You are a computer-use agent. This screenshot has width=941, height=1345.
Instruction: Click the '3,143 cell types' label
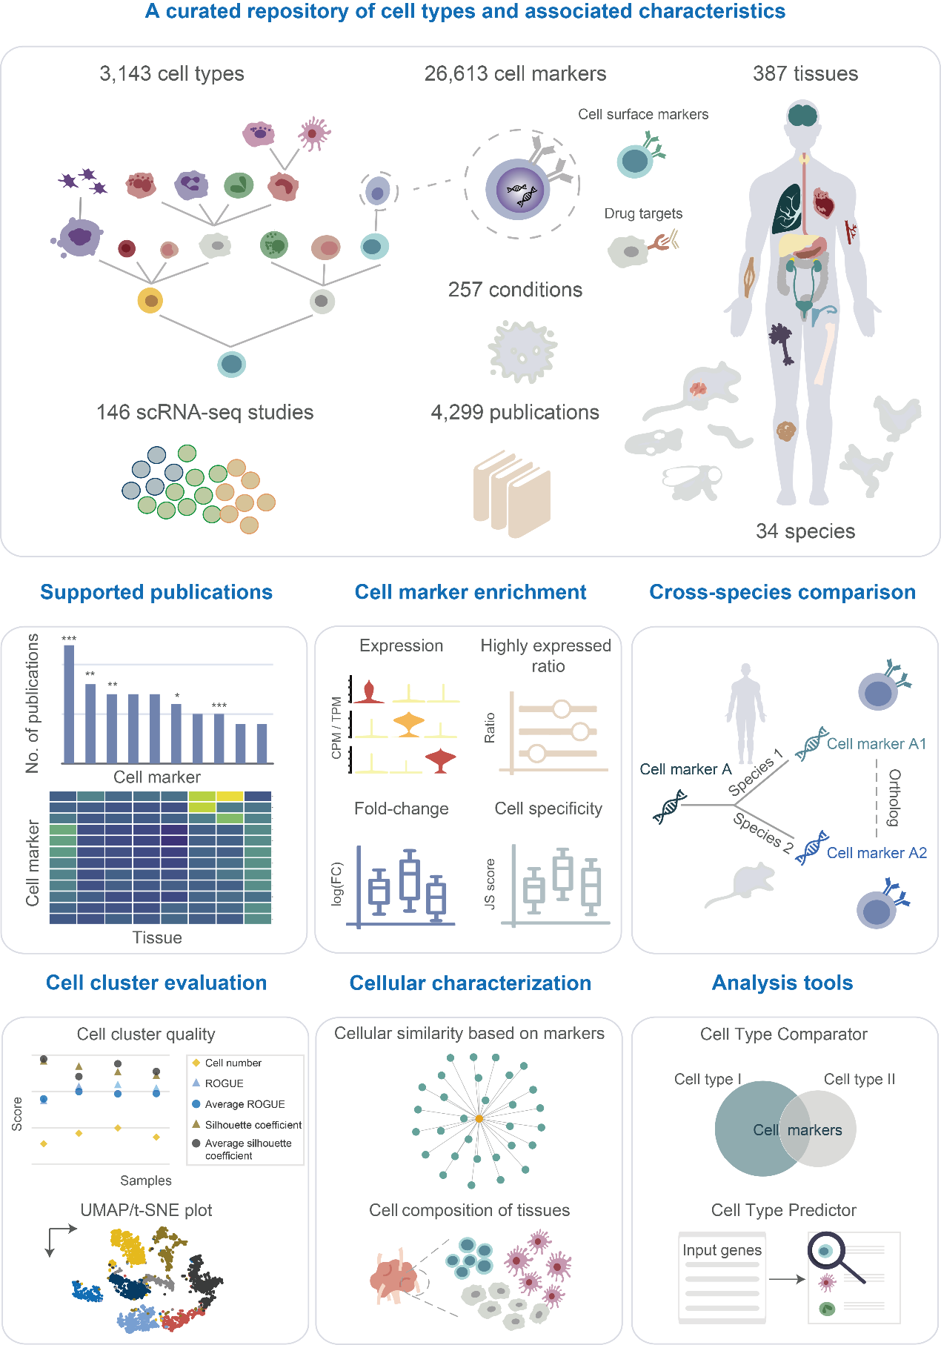pyautogui.click(x=172, y=74)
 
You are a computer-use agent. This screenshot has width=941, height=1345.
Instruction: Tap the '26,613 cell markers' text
pyautogui.click(x=515, y=74)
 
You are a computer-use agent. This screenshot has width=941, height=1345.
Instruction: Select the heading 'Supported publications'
pyautogui.click(x=156, y=592)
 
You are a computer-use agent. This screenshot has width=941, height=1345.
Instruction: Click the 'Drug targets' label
pyautogui.click(x=643, y=213)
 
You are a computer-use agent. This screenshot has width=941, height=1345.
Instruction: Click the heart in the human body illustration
pyautogui.click(x=824, y=202)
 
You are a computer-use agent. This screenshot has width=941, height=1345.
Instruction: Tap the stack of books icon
pyautogui.click(x=512, y=492)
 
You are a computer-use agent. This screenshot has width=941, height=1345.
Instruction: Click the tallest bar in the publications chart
pyautogui.click(x=69, y=703)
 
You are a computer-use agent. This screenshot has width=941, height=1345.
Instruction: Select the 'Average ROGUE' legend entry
pyautogui.click(x=245, y=1104)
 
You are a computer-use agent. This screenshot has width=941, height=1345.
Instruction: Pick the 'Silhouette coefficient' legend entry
pyautogui.click(x=253, y=1125)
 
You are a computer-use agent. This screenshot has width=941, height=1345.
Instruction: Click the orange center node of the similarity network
pyautogui.click(x=479, y=1119)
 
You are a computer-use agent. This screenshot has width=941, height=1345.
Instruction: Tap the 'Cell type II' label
pyautogui.click(x=859, y=1079)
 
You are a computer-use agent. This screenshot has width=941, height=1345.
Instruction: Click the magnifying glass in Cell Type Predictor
pyautogui.click(x=831, y=1254)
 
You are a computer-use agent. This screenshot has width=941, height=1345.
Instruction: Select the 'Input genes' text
pyautogui.click(x=722, y=1250)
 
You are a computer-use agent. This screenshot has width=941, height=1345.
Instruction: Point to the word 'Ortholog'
pyautogui.click(x=894, y=797)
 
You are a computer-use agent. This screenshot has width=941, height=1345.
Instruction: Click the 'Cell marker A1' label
pyautogui.click(x=876, y=744)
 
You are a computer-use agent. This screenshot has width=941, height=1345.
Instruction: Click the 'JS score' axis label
pyautogui.click(x=490, y=883)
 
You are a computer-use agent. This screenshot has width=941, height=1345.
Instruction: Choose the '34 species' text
pyautogui.click(x=805, y=531)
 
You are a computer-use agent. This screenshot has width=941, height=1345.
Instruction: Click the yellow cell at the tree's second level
pyautogui.click(x=150, y=301)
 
